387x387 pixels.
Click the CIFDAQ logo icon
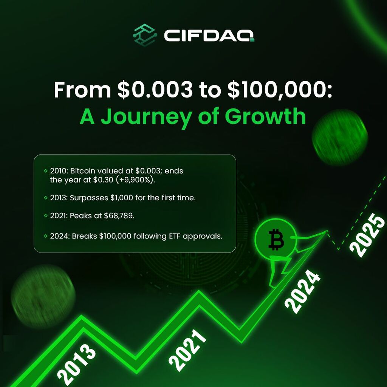145,35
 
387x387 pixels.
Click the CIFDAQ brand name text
209,36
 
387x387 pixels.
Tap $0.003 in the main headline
155,90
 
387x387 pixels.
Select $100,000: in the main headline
280,90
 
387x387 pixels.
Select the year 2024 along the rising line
303,292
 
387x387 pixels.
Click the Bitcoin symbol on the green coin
276,239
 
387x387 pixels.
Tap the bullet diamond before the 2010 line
45,170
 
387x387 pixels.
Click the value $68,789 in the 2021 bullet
119,216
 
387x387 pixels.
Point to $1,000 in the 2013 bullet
122,198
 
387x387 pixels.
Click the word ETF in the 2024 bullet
175,236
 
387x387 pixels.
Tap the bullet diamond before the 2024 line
45,236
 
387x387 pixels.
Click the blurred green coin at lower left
43,296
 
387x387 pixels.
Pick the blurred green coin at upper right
340,137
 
